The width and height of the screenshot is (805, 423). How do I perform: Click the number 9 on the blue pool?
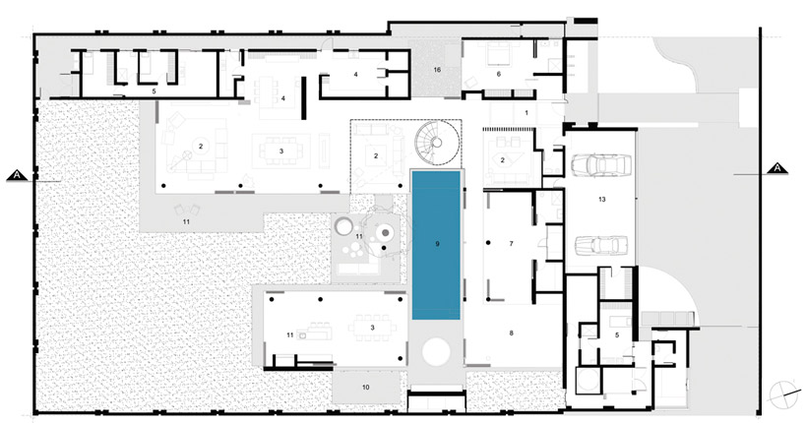(x=437, y=244)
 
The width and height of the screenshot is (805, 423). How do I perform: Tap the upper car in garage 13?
(x=600, y=165)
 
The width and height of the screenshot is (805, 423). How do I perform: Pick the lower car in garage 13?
(x=600, y=245)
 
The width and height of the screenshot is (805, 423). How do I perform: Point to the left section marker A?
(x=18, y=175)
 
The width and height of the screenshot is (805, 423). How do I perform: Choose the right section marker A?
(x=777, y=168)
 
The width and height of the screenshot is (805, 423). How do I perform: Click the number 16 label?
(x=437, y=70)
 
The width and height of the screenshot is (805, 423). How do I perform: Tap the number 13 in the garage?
(x=601, y=199)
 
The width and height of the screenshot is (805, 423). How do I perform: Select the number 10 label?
(x=365, y=387)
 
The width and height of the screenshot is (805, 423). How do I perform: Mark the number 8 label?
(x=512, y=333)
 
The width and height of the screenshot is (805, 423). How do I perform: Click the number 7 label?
(x=512, y=244)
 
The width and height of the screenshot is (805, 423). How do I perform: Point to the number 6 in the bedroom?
(x=499, y=75)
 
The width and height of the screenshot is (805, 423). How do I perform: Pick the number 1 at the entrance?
(x=526, y=113)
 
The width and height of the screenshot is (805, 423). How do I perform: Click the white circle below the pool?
(x=436, y=352)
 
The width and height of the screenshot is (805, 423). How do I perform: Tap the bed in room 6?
(x=495, y=54)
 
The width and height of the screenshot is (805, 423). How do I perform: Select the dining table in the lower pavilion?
(x=373, y=328)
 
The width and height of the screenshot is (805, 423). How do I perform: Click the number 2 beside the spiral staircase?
(x=376, y=155)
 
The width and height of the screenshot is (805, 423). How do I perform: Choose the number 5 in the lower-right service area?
(x=617, y=334)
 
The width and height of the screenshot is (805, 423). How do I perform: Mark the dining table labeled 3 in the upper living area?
(x=281, y=151)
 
